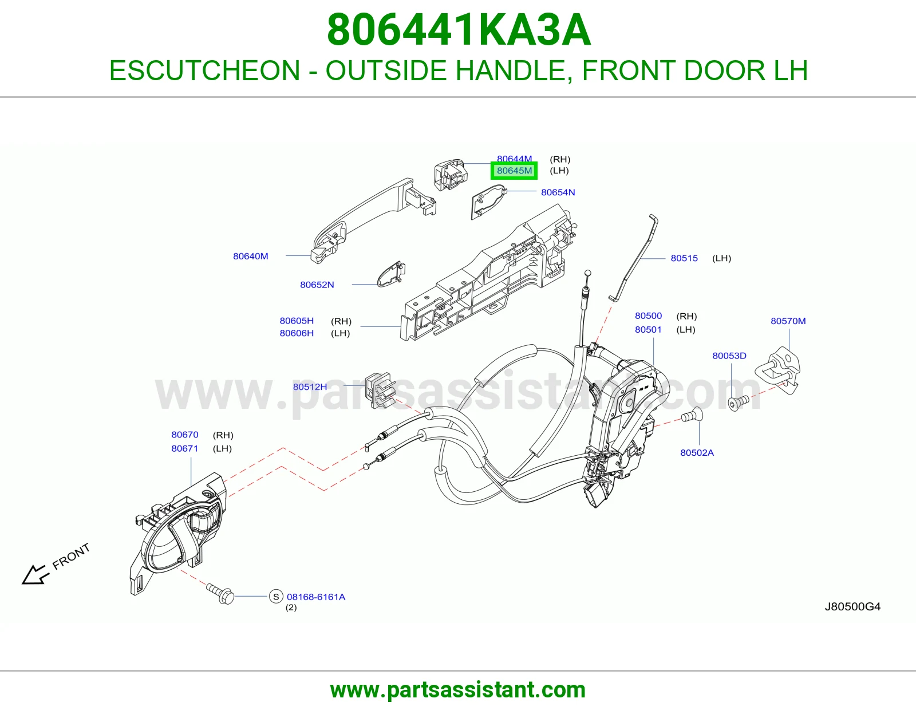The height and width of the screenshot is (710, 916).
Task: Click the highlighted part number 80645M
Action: click(514, 171)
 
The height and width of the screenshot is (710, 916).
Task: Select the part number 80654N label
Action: click(558, 192)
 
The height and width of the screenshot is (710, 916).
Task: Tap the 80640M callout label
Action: click(250, 256)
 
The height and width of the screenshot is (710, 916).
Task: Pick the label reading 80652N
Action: click(317, 285)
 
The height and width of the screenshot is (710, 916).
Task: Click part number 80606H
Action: click(297, 333)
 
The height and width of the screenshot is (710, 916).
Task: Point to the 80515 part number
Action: click(684, 258)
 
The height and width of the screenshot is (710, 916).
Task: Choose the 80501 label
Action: click(648, 329)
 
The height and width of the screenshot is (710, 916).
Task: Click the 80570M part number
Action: click(788, 321)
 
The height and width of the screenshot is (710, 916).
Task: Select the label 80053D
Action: click(729, 356)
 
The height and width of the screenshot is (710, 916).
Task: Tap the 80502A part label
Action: click(697, 452)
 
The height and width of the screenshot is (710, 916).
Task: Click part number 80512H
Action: click(310, 386)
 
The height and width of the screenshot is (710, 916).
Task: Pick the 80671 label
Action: click(185, 448)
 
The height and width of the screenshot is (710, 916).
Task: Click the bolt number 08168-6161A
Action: click(316, 597)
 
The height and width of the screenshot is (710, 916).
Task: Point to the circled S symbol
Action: click(276, 597)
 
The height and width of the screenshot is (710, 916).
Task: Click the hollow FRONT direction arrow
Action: click(34, 575)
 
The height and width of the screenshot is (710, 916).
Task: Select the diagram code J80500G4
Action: click(853, 606)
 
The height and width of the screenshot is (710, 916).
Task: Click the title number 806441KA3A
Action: click(459, 30)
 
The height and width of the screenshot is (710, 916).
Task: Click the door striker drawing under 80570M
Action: click(777, 370)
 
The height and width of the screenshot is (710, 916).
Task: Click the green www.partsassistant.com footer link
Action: click(458, 690)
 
